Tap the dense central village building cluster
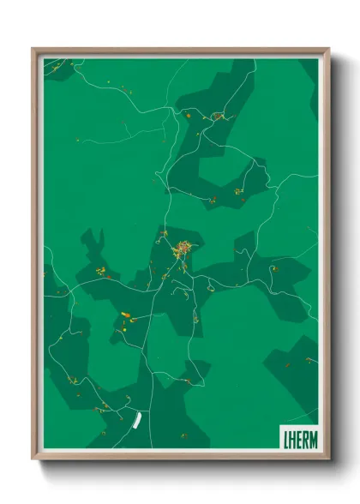tap(183, 250)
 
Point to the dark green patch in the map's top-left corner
tap(58, 69)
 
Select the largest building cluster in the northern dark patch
tap(218, 116)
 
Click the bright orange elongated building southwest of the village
tap(125, 315)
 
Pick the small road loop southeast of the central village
tap(183, 291)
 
